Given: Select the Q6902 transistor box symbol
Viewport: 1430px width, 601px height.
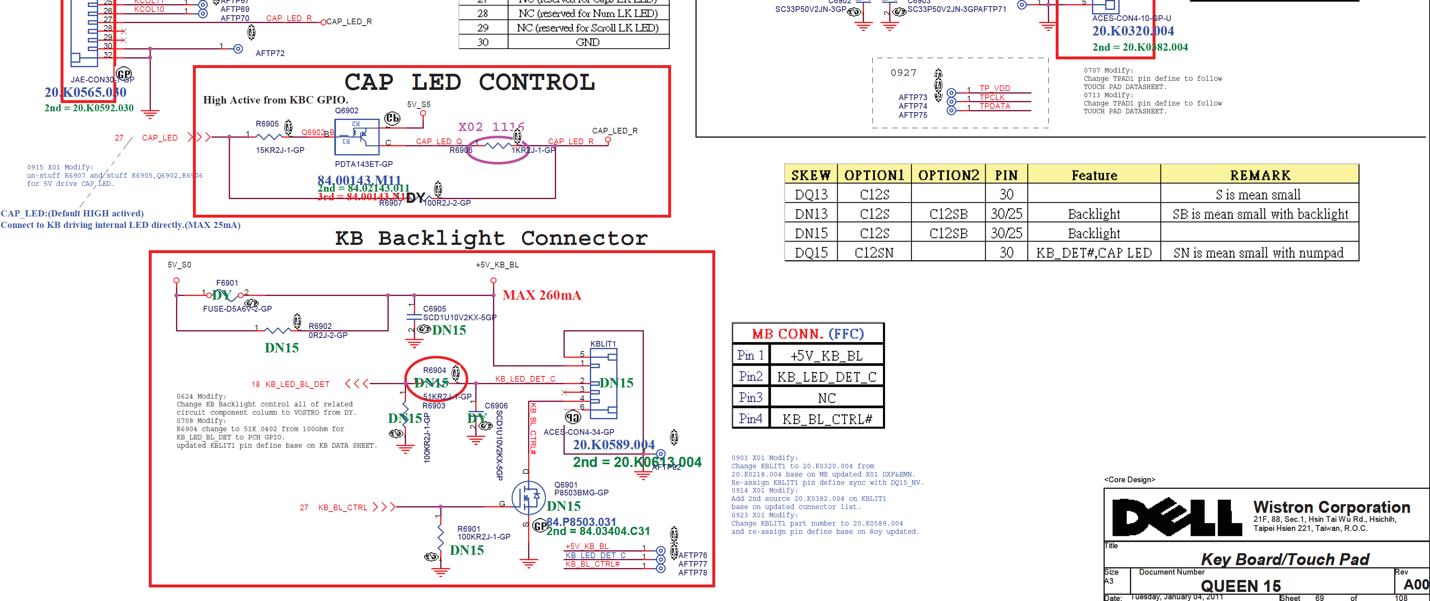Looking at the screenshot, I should tap(357, 137).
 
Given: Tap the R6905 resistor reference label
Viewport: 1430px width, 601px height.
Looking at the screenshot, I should tap(267, 124).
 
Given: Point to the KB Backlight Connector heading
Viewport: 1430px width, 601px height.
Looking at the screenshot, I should tap(491, 239).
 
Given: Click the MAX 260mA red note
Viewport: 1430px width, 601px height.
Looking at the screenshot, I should tap(542, 295).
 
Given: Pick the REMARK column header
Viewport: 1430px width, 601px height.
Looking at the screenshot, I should tap(1260, 175).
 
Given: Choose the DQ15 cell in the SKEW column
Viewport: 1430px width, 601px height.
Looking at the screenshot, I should tap(811, 253).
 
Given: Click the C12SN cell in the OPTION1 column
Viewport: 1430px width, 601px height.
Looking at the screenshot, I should tap(874, 253).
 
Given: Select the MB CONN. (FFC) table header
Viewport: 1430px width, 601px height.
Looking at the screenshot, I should tap(808, 333).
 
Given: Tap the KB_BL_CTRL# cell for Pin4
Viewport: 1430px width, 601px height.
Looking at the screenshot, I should tap(827, 419).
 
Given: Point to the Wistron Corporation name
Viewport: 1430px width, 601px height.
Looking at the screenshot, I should tap(1331, 507).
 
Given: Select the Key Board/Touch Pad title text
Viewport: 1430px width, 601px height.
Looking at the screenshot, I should tap(1284, 559).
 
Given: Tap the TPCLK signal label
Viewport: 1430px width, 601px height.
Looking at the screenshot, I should tap(991, 98).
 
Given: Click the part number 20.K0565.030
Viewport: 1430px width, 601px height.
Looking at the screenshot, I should tap(85, 92).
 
